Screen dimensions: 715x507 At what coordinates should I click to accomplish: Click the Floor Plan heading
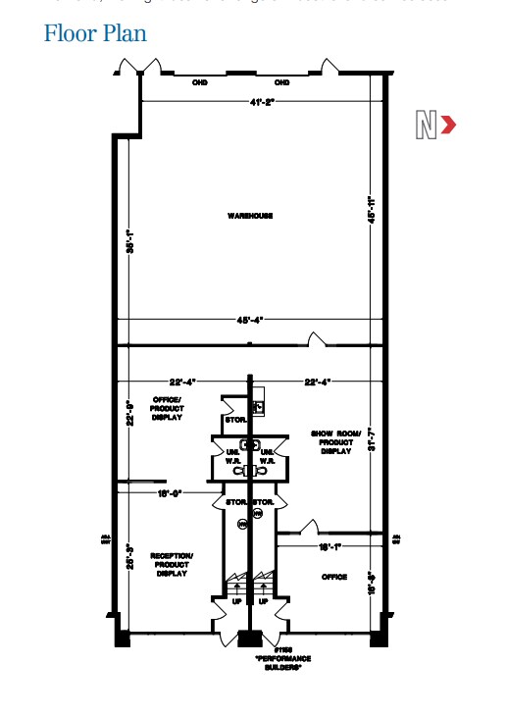coord(95,33)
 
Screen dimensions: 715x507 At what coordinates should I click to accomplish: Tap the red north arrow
coord(448,125)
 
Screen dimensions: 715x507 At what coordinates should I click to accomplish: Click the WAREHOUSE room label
coord(250,216)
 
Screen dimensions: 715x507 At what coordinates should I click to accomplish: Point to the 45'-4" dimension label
coord(250,320)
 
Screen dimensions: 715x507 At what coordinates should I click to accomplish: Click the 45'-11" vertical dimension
coord(372,212)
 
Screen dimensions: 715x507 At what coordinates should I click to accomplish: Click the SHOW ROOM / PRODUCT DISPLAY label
coord(334,440)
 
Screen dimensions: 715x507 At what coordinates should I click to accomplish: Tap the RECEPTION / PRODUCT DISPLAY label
coord(172,565)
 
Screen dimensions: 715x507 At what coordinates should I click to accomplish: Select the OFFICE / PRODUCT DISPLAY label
coord(167,407)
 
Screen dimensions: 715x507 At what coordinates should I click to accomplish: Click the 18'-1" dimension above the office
coord(330,546)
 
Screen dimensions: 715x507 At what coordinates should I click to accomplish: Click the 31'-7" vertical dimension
coord(372,437)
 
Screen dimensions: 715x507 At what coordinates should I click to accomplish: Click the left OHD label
coord(199,82)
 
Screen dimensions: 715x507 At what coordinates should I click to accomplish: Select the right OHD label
coord(282,82)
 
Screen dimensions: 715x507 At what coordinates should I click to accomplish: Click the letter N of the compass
coord(426,126)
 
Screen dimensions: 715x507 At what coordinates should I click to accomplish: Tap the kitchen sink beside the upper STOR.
coord(261,406)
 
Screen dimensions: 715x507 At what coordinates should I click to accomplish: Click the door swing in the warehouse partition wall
coord(317,339)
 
